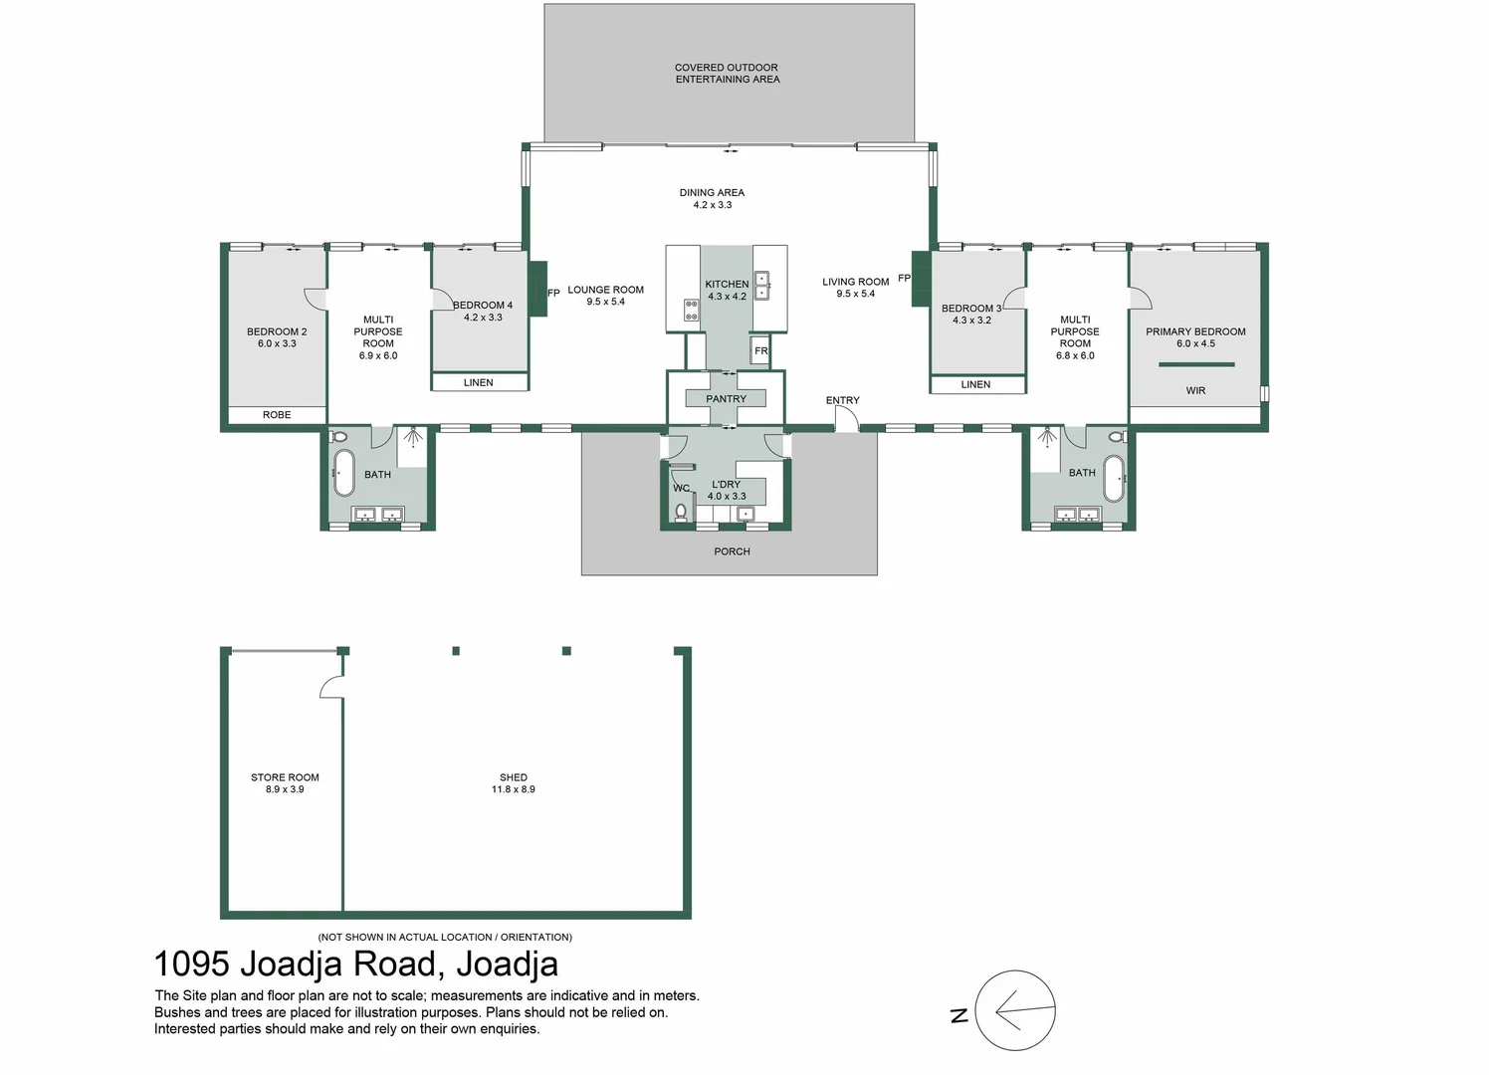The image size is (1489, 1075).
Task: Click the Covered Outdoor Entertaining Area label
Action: pos(727,74)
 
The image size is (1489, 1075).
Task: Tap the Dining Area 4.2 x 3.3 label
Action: pos(712,199)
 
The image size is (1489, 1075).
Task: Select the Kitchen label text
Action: pos(727,284)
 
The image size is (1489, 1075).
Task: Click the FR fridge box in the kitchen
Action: pos(760,350)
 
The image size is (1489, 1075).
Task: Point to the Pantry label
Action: pos(726,399)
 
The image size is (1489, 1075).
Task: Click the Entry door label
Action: pos(842,400)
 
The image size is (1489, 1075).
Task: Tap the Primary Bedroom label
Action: pos(1195,331)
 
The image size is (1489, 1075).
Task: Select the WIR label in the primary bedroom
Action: pos(1195,391)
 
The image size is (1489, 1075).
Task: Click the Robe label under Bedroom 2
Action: pos(277,415)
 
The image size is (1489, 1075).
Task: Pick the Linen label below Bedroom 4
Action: pos(478,382)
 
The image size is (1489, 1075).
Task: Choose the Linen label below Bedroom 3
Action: pos(975,384)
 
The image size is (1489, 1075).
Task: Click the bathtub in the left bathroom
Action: pos(343,472)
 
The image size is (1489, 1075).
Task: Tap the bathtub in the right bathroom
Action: pos(1113,479)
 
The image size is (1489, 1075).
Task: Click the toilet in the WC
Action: pos(681,512)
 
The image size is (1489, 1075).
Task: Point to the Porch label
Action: pos(732,551)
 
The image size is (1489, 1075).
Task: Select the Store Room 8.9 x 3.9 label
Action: pos(285,783)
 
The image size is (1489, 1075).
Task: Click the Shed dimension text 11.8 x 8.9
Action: pos(513,789)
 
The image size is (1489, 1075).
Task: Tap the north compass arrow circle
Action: pos(1014,1010)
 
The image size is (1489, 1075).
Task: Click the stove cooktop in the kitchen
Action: pos(691,310)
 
